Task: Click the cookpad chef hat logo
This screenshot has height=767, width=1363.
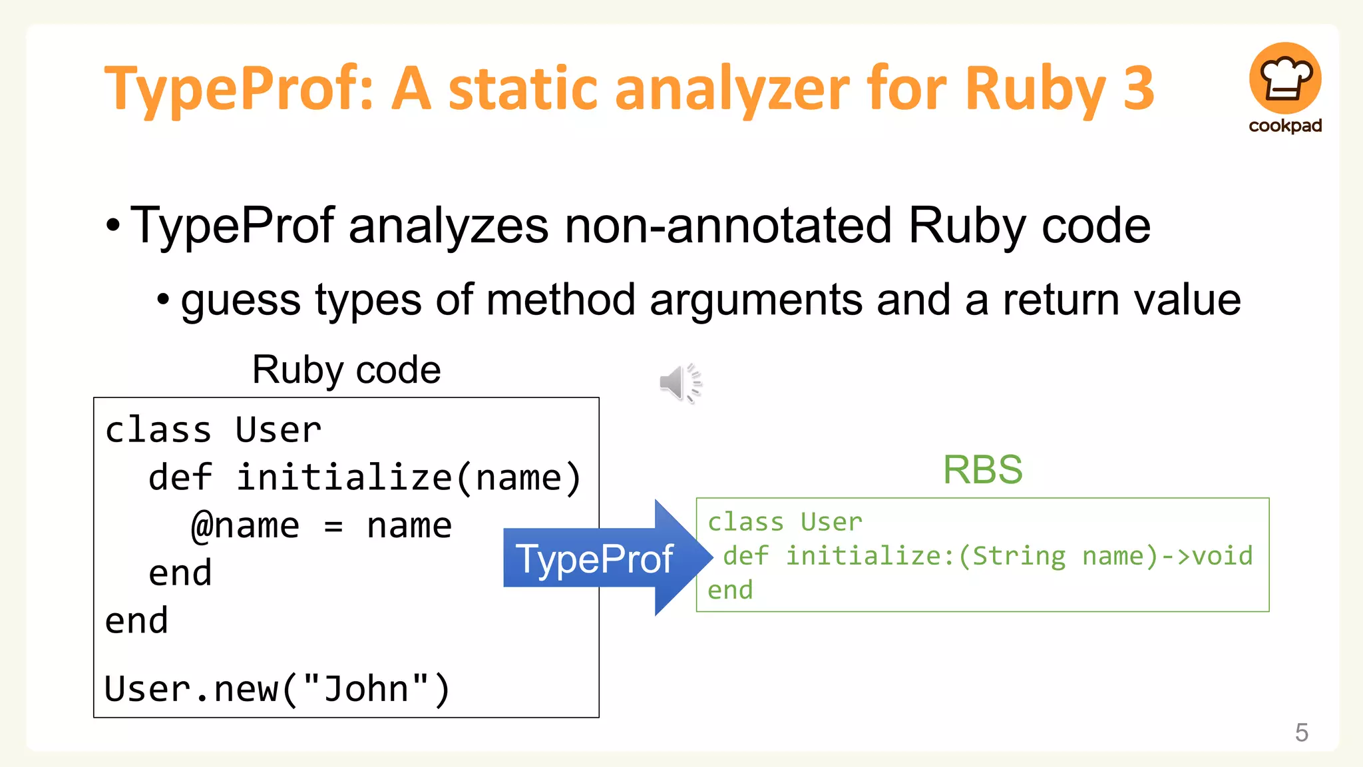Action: coord(1284,79)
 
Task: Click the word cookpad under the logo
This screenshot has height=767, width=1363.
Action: coord(1285,126)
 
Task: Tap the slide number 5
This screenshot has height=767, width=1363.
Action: coord(1301,732)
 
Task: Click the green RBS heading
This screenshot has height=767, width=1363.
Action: coord(982,469)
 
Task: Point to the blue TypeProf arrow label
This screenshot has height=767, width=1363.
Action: coord(594,559)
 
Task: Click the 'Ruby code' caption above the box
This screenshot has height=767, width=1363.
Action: coord(346,370)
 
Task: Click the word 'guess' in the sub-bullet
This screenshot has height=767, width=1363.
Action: coord(240,300)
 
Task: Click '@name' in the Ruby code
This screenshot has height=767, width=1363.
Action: coord(245,526)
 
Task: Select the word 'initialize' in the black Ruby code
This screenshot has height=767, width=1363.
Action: coord(345,478)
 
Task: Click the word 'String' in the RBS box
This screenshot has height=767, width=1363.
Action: coord(1018,556)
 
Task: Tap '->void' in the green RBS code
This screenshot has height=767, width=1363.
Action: coord(1207,556)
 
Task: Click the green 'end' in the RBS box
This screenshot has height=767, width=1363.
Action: coord(730,590)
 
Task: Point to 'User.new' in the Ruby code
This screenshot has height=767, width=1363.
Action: coord(190,688)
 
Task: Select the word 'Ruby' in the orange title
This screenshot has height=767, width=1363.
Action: coord(1035,89)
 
